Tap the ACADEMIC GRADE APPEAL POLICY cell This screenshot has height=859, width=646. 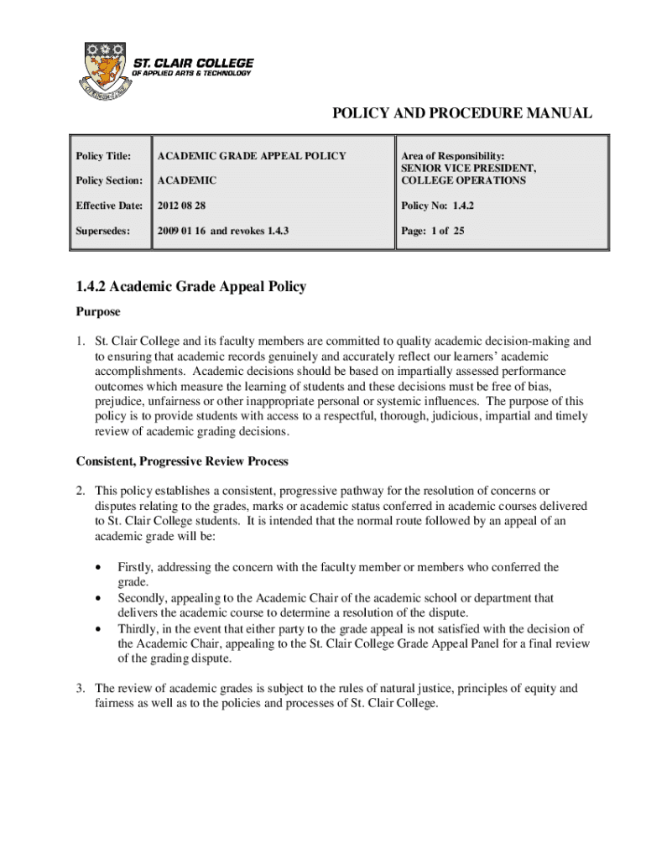tap(252, 156)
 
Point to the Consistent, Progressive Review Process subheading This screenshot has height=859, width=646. tap(182, 461)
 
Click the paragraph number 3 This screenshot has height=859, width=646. tap(80, 689)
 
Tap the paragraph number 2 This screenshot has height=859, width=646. tap(80, 491)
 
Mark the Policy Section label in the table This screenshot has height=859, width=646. tap(109, 180)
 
